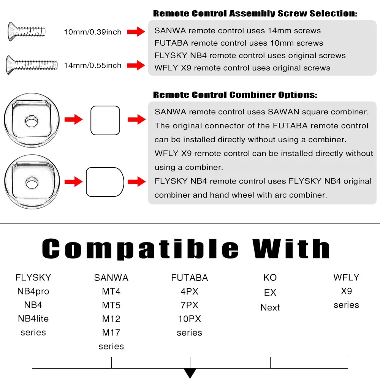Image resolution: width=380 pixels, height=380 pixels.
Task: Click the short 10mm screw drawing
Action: click(26, 32)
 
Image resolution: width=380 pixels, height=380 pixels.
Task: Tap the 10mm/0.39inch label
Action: click(93, 32)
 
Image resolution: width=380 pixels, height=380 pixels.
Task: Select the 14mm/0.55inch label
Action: click(93, 65)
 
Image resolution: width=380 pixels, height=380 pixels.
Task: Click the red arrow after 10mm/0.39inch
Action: click(136, 32)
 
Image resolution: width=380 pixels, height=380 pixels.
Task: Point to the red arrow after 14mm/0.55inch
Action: click(136, 65)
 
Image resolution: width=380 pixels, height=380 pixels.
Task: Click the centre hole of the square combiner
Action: click(32, 122)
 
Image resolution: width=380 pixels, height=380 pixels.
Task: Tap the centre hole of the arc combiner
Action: click(32, 182)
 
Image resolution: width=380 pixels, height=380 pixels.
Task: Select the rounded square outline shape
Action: click(105, 120)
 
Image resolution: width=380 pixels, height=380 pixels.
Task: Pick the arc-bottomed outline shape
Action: click(105, 182)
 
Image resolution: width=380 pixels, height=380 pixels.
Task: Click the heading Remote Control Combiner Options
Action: click(235, 95)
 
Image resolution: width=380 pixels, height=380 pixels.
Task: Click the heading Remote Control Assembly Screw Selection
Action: click(255, 14)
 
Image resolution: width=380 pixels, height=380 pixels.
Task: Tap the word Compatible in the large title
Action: click(141, 249)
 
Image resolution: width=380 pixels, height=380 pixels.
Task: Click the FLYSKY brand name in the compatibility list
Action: click(33, 277)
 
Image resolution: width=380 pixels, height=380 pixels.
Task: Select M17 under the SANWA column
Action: click(111, 332)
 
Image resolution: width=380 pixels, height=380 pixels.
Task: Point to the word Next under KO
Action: click(270, 307)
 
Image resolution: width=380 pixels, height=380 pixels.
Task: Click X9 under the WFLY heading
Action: click(346, 291)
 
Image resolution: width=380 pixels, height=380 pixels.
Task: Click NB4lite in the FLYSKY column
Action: click(33, 318)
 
